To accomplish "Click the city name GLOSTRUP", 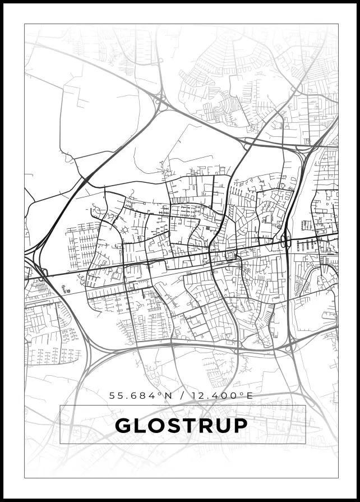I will (x=181, y=426).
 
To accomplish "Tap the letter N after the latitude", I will (x=168, y=395).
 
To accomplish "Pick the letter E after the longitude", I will (x=250, y=395).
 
